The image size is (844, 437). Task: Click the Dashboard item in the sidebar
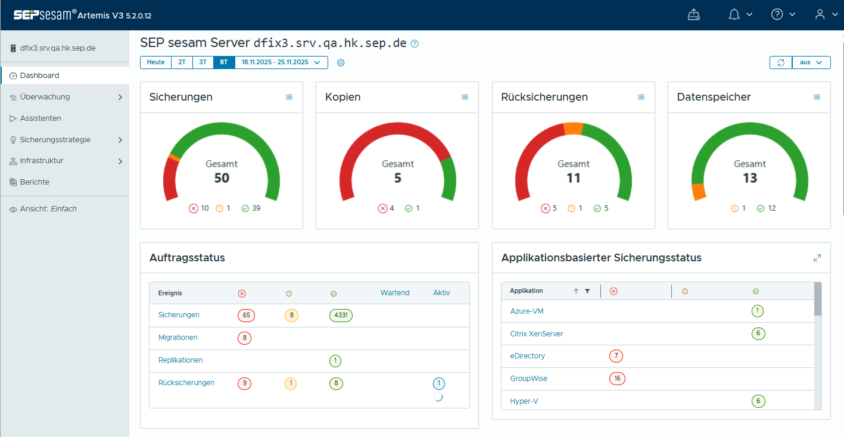39,76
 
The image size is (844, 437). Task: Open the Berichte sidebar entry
35,182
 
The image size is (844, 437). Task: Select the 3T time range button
203,63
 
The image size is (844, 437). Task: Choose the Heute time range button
155,63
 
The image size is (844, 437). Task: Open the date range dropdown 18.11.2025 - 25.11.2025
281,63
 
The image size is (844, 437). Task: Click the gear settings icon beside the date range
341,63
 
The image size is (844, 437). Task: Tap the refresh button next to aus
781,63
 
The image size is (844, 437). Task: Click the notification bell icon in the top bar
734,15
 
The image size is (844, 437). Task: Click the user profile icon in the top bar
820,15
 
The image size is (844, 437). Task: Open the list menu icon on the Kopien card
465,97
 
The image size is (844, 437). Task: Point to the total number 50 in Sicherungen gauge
222,178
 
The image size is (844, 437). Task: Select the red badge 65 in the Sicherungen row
244,316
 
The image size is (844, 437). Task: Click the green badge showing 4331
341,316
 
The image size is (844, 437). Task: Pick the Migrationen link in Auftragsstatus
177,338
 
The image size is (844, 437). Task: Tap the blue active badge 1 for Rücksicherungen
439,383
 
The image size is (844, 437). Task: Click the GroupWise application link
528,379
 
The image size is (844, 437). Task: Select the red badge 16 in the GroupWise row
617,379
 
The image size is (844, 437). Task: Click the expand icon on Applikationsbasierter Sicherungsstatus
817,258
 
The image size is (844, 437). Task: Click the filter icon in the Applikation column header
587,291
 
